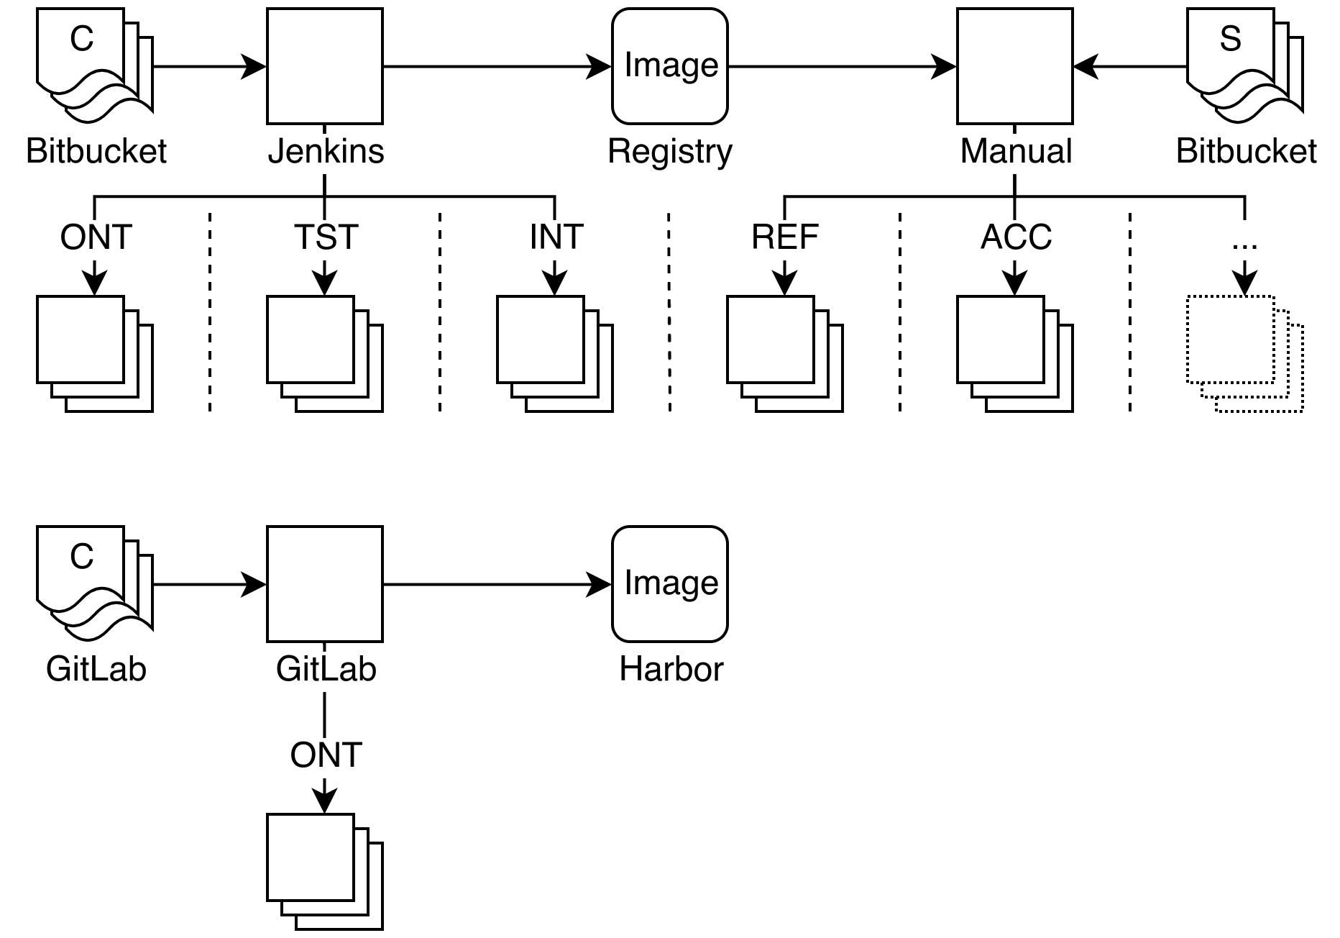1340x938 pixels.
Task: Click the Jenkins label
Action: [x=326, y=152]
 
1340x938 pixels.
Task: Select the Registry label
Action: [x=670, y=152]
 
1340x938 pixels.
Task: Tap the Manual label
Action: [x=1016, y=152]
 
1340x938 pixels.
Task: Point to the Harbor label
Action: [x=671, y=670]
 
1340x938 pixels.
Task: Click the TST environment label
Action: [x=326, y=239]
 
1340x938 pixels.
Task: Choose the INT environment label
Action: [x=556, y=239]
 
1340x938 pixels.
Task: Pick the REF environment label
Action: [x=786, y=239]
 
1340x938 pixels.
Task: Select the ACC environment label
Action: [x=1016, y=239]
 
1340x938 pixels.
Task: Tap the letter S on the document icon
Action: [x=1230, y=39]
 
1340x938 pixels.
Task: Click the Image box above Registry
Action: [x=670, y=65]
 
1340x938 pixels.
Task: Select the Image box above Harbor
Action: [x=670, y=583]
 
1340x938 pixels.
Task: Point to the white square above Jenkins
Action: [x=325, y=65]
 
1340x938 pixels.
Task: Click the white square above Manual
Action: [x=1015, y=65]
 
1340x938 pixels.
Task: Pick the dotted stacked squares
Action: [x=1244, y=353]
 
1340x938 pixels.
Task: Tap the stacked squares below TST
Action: [x=324, y=353]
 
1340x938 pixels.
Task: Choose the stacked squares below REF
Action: [x=784, y=353]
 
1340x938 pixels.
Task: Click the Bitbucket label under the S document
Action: [x=1246, y=152]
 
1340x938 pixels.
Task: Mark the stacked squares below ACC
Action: [x=1014, y=353]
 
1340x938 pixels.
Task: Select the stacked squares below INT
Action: [x=554, y=353]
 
